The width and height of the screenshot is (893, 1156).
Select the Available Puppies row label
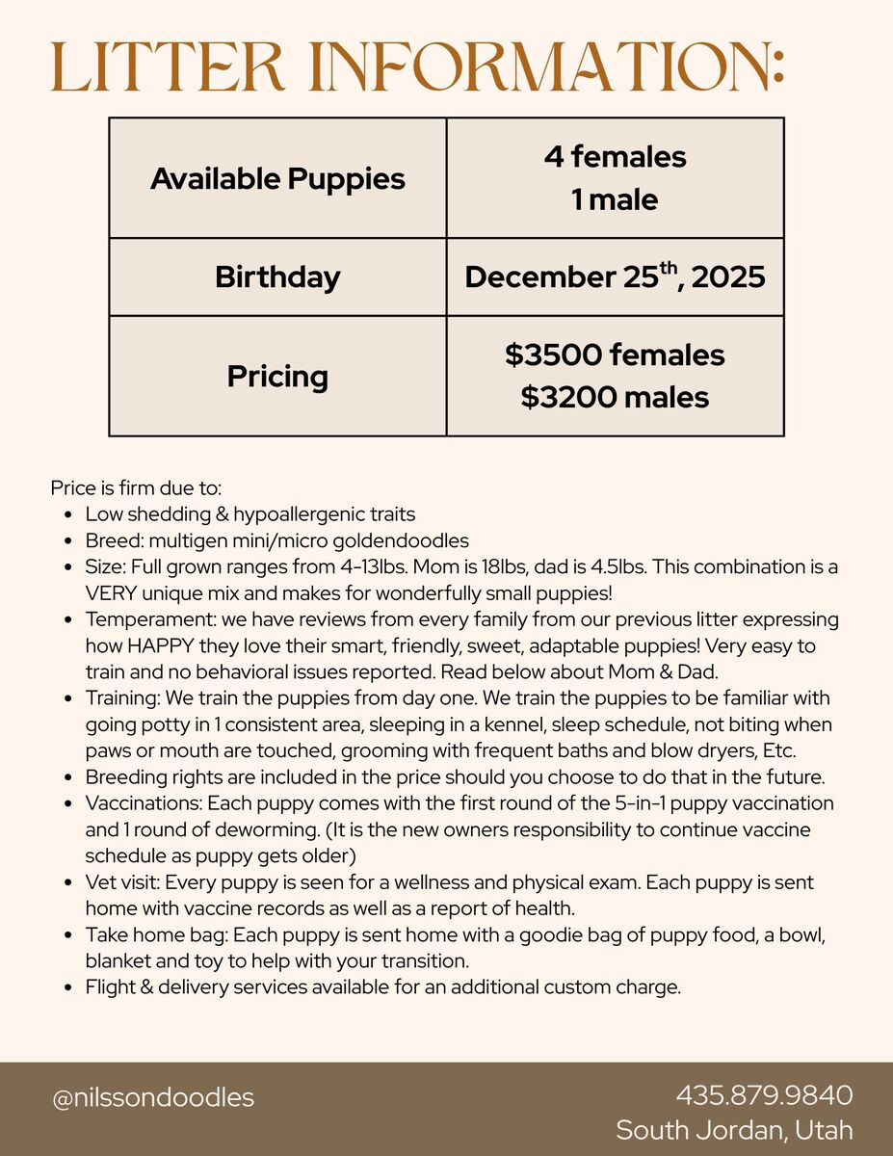[277, 178]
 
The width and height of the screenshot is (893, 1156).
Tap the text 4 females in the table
[615, 156]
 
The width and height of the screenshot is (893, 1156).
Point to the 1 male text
[615, 200]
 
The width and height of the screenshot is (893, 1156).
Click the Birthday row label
[277, 277]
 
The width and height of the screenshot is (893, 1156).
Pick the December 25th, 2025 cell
[615, 277]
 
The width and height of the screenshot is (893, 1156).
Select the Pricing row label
[277, 376]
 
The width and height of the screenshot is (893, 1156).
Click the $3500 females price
[615, 355]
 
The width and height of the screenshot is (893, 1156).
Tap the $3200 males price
[615, 397]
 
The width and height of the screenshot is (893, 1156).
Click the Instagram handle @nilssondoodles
[153, 1097]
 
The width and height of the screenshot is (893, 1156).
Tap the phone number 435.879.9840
[764, 1095]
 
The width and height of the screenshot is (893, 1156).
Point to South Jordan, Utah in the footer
[734, 1130]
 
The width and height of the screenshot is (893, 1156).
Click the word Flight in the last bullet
[108, 986]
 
